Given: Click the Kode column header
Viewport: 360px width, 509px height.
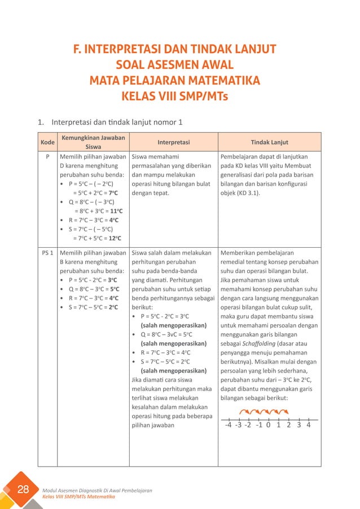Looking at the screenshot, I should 47,142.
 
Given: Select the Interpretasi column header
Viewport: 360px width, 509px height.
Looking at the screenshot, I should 173,142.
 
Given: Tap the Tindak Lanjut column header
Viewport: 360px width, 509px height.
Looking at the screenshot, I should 269,142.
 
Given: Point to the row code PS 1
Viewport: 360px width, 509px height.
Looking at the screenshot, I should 47,253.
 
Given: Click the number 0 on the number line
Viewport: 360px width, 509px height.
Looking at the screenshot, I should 269,425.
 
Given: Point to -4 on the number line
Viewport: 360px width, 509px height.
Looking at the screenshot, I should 228,425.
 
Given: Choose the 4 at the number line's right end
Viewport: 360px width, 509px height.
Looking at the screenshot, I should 309,425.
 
